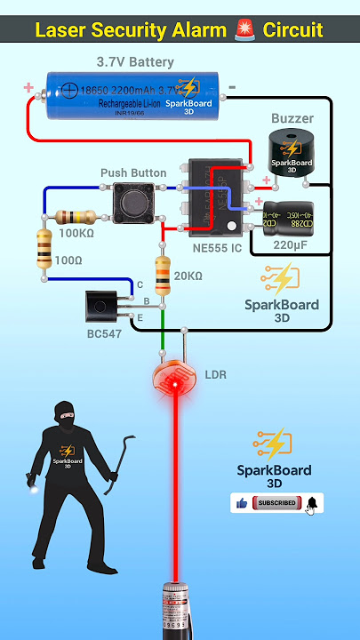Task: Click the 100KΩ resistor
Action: tap(76, 217)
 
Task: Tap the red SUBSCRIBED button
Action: tap(276, 503)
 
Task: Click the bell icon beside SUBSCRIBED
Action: tap(312, 504)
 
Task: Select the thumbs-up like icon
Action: tap(242, 503)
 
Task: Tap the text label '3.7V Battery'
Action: tap(135, 63)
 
